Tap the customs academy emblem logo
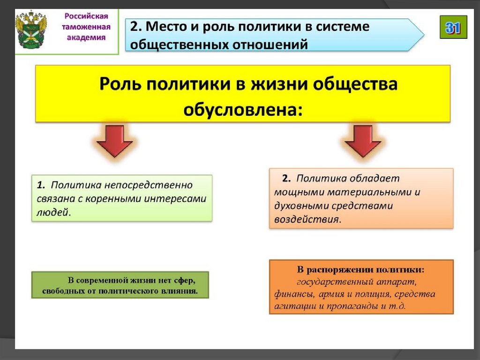pyautogui.click(x=31, y=30)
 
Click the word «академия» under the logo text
pyautogui.click(x=86, y=38)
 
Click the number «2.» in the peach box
pyautogui.click(x=286, y=178)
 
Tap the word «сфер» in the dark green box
pyautogui.click(x=184, y=281)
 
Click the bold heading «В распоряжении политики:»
pyautogui.click(x=361, y=270)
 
